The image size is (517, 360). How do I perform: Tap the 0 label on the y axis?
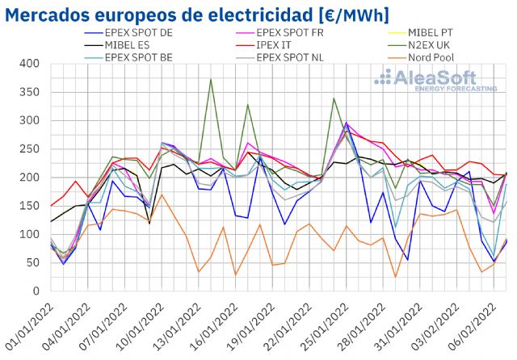click(35, 291)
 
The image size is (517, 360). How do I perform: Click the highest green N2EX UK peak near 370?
click(211, 79)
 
